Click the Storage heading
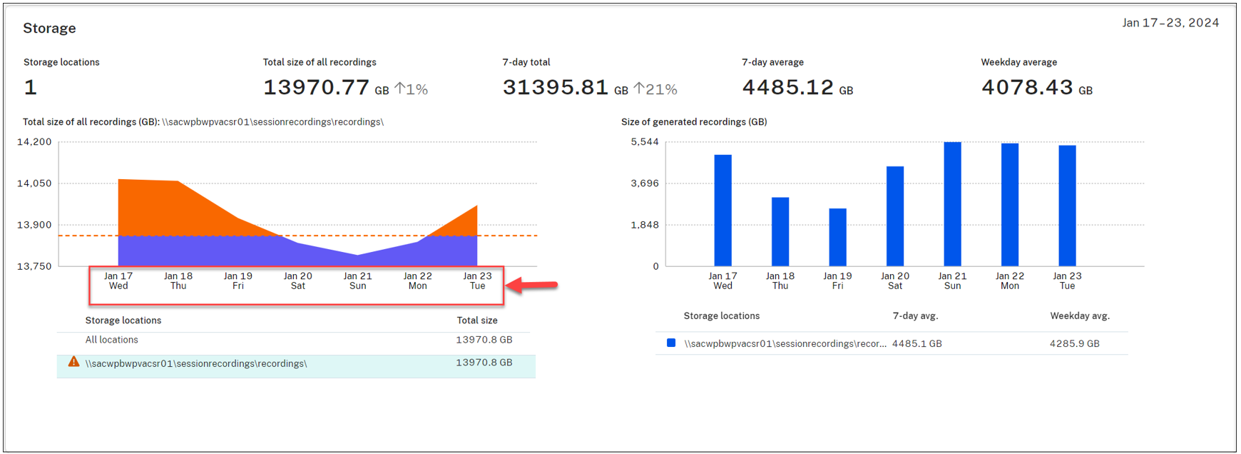[x=49, y=29]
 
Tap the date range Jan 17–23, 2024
[x=1170, y=23]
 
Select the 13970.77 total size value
[x=316, y=87]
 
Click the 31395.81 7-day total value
[x=555, y=87]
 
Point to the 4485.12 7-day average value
[x=787, y=87]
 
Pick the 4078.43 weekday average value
[x=1027, y=87]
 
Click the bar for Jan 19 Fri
[x=837, y=237]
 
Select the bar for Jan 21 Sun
[x=952, y=204]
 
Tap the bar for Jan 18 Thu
[x=780, y=231]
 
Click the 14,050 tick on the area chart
[x=34, y=183]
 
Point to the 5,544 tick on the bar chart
[x=645, y=142]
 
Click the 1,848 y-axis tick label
[x=645, y=225]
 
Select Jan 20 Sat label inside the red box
[x=298, y=281]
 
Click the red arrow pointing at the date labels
[x=534, y=286]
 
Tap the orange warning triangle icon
[x=73, y=362]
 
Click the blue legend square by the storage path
[x=671, y=343]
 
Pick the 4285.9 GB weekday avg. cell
[x=1074, y=343]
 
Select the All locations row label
[x=112, y=340]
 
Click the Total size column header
[x=477, y=321]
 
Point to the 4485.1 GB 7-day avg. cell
[x=916, y=343]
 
